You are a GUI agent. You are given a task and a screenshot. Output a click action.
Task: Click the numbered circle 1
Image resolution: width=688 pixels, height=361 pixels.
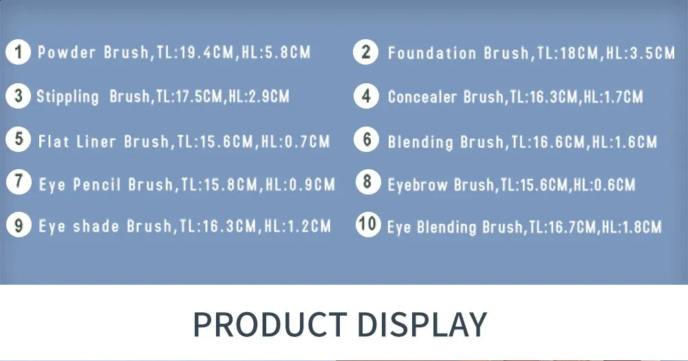point(18,52)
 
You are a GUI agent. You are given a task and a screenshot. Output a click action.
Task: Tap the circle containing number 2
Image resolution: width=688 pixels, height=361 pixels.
point(365,52)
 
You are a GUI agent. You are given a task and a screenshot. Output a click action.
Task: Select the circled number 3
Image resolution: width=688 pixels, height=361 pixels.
point(18,96)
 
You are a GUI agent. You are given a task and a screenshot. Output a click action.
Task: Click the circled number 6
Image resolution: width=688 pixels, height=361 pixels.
point(367,140)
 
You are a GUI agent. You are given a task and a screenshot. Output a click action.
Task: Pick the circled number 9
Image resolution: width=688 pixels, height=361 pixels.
point(19,225)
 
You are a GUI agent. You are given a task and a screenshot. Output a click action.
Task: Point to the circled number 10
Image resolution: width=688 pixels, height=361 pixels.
point(368,225)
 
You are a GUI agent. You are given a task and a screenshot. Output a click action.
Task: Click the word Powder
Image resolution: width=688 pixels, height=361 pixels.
point(66,52)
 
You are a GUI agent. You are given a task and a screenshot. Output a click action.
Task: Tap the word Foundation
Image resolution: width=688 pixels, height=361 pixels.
point(432,53)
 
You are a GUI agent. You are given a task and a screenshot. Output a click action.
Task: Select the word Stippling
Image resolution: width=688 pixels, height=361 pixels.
point(67,97)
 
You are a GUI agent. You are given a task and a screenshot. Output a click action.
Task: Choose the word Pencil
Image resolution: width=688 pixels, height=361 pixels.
point(96,184)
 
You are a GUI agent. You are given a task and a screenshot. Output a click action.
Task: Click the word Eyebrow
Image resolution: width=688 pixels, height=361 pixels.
point(418,185)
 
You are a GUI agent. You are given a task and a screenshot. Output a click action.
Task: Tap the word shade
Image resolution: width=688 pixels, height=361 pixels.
point(96,226)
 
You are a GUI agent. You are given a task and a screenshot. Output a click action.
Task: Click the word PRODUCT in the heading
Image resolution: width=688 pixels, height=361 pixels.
point(270,325)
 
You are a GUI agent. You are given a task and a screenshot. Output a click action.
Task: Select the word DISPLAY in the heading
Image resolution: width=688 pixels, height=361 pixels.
point(422,325)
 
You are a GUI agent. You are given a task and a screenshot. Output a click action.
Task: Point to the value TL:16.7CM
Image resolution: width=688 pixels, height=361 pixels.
point(563,227)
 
